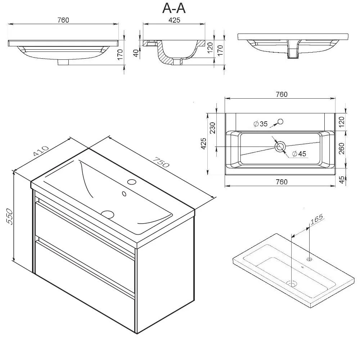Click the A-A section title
pyautogui.click(x=174, y=9)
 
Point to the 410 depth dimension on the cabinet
pyautogui.click(x=41, y=151)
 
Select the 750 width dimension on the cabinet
pyautogui.click(x=161, y=162)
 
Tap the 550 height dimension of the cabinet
pyautogui.click(x=10, y=216)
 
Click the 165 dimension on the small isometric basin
pyautogui.click(x=316, y=219)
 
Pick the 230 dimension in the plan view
pyautogui.click(x=213, y=128)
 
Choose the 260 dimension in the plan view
pyautogui.click(x=341, y=149)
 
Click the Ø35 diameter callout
pyautogui.click(x=261, y=124)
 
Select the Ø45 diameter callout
pyautogui.click(x=299, y=154)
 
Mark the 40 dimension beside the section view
pyautogui.click(x=136, y=53)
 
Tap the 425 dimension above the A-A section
pyautogui.click(x=174, y=20)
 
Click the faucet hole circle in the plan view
pyautogui.click(x=280, y=121)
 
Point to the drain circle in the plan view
pyautogui.click(x=280, y=147)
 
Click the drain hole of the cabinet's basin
pyautogui.click(x=107, y=214)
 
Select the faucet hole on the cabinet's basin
pyautogui.click(x=132, y=182)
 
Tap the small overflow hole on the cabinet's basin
pyautogui.click(x=124, y=194)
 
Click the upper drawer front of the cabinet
pyautogui.click(x=85, y=232)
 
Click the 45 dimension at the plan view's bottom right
pyautogui.click(x=342, y=180)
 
